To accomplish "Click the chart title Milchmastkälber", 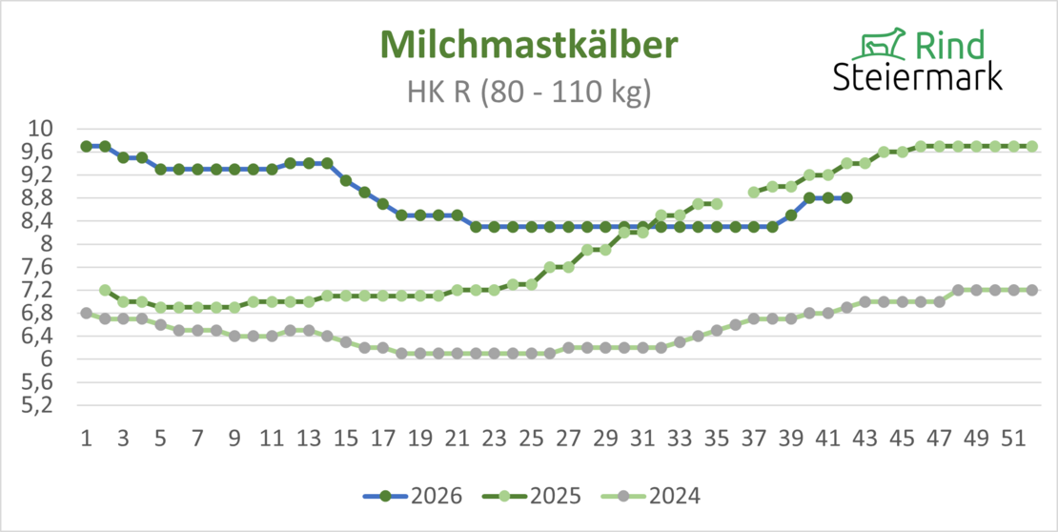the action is (x=529, y=45).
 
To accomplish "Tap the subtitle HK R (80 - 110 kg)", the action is (x=529, y=92).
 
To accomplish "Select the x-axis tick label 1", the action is (x=87, y=439).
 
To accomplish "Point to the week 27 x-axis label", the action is (x=568, y=439).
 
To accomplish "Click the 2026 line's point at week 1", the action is (x=87, y=147).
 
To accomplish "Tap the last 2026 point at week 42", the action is (x=846, y=197).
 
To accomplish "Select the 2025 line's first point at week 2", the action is (x=105, y=290).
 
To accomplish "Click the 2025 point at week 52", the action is (x=1031, y=147).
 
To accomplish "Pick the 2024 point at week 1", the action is (x=87, y=314).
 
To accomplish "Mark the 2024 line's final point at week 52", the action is (x=1031, y=290).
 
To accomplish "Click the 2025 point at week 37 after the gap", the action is (x=754, y=193).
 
